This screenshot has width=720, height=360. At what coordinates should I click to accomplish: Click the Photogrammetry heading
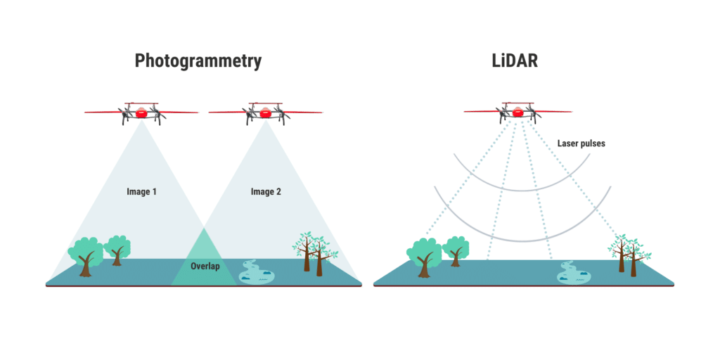coord(198,61)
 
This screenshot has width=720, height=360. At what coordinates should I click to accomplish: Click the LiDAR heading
coord(515,60)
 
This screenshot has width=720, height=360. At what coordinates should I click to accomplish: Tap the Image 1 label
coord(141,191)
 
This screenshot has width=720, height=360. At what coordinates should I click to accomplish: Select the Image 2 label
coord(266,191)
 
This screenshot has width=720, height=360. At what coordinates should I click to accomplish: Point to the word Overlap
coord(204,266)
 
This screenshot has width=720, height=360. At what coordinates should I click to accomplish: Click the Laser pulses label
coord(581,143)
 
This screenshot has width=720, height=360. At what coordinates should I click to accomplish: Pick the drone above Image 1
coord(142,112)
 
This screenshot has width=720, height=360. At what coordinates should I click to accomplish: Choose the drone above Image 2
coord(266,112)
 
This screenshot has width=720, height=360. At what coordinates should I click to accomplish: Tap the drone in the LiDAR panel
coord(518,112)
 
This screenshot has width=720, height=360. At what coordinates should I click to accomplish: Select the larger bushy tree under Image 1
coord(85,255)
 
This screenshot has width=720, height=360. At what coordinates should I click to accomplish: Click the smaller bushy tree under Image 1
coord(117,248)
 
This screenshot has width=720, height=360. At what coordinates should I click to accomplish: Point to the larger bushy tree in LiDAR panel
coord(423,255)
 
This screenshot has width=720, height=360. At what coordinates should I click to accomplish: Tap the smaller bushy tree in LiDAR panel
coord(456,249)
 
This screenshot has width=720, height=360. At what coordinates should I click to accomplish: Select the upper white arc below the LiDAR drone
coord(520,181)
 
